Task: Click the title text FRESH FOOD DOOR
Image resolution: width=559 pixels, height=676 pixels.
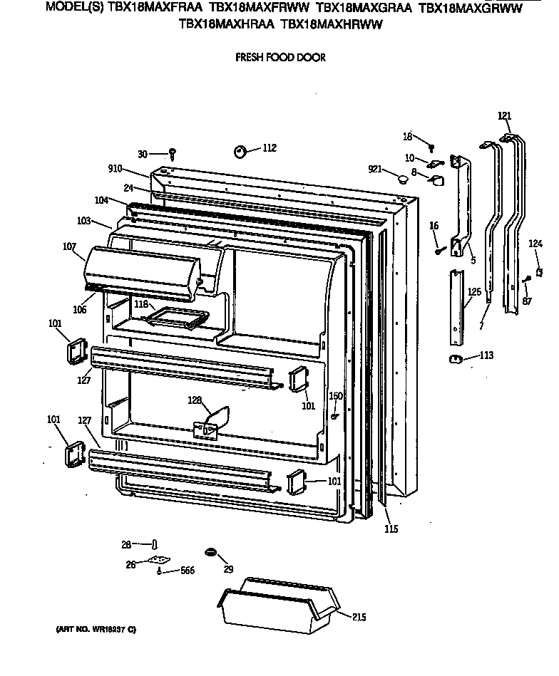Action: click(280, 58)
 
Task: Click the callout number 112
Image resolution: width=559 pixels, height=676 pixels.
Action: click(269, 148)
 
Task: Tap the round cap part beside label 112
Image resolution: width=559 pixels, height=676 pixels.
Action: click(240, 151)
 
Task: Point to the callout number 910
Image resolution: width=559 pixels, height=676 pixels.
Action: click(115, 169)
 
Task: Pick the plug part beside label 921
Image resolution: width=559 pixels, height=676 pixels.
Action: click(402, 177)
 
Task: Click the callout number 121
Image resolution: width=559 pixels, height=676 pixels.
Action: click(505, 115)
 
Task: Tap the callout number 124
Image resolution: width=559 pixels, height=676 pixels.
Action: click(535, 244)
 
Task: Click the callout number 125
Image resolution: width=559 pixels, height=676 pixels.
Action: click(474, 292)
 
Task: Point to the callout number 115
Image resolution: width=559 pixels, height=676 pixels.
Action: click(391, 529)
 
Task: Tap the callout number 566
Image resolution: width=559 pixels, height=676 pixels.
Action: click(187, 571)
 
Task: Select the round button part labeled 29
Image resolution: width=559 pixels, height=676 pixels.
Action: click(210, 552)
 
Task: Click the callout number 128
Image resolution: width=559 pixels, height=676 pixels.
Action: click(195, 400)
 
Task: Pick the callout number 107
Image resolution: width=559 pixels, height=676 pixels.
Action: click(69, 247)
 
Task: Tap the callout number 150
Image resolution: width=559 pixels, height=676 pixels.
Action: click(335, 396)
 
